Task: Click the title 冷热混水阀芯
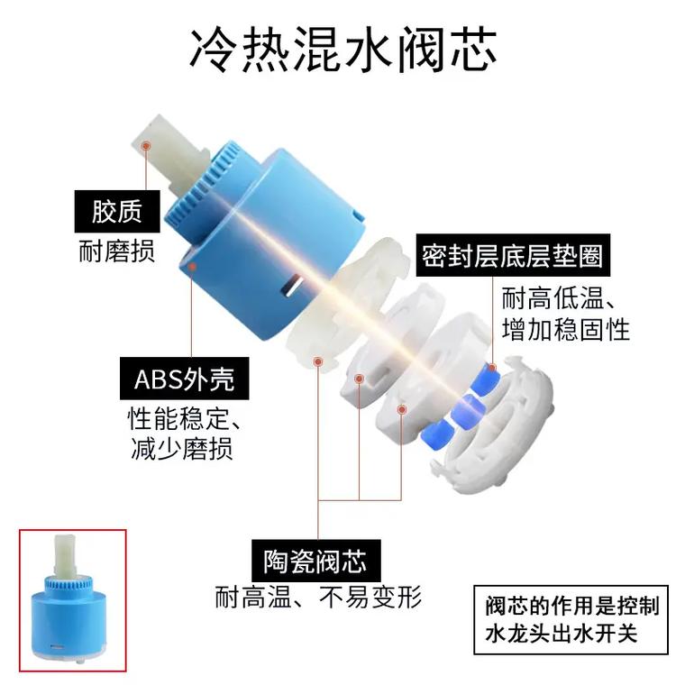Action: [x=342, y=48]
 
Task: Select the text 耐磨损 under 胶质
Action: [x=116, y=250]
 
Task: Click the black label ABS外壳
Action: [x=184, y=379]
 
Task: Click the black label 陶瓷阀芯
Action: [x=315, y=561]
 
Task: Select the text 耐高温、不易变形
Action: [x=318, y=597]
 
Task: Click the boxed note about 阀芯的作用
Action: [x=571, y=619]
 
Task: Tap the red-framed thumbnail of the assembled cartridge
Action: [x=73, y=601]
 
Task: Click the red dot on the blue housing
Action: [x=192, y=267]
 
